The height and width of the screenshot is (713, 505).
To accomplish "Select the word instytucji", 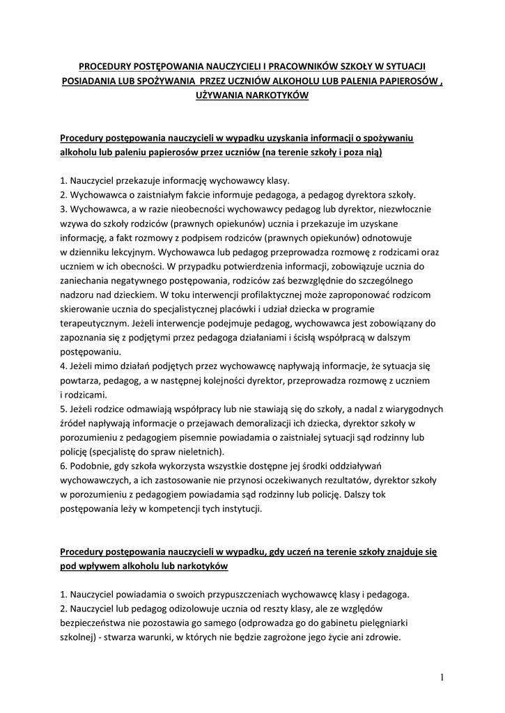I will (x=238, y=509).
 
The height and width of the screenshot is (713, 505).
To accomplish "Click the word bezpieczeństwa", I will (x=100, y=624).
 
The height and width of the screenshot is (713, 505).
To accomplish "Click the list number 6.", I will (x=63, y=466).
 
